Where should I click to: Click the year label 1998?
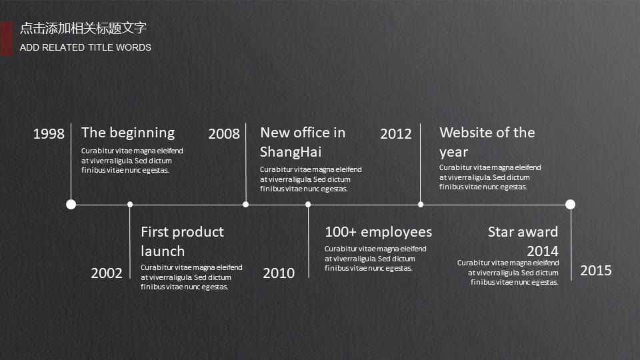pos(49,134)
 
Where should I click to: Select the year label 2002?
pos(107,273)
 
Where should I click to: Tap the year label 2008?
pos(224,134)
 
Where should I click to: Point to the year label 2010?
pos(279,273)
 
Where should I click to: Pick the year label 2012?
pos(396,134)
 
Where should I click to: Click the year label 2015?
pos(596,271)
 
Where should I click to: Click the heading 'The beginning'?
pos(128,133)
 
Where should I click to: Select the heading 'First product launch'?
pos(183,241)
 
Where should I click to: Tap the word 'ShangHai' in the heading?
pos(291,152)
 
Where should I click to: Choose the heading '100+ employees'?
pos(379,232)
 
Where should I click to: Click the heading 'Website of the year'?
pos(487,142)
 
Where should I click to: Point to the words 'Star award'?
pos(523,232)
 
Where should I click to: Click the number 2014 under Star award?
pos(543,251)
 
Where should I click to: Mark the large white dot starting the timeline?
pos(71,204)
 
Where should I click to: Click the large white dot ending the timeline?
pos(570,204)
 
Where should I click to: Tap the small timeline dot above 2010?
pos(308,205)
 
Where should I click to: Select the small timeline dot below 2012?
pos(421,205)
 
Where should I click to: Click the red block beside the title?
pos(7,39)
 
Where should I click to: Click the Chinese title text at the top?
pos(83,28)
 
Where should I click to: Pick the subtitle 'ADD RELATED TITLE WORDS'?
pos(85,48)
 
